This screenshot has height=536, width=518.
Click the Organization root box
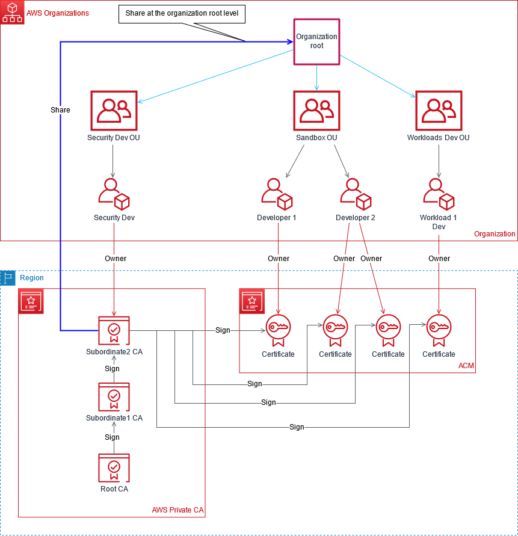point(316,42)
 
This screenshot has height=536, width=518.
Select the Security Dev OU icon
point(114,111)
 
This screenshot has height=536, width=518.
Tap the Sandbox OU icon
point(316,111)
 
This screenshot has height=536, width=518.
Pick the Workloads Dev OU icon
point(439,111)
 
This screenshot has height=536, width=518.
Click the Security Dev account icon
point(114,193)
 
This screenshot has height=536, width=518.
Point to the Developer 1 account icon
point(277,193)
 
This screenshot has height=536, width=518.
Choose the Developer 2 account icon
point(356,193)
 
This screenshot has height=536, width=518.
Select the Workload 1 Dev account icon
point(439,193)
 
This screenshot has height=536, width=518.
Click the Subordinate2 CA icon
point(114,330)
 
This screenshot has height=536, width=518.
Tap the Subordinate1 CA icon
point(114,397)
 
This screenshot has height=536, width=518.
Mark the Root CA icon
point(114,468)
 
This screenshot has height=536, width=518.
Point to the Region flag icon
point(8,278)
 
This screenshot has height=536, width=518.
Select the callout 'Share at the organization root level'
point(182,13)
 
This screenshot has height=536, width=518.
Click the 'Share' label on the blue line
point(60,110)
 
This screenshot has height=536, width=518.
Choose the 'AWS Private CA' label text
point(177,511)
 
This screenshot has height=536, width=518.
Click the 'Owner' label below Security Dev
point(116,259)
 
